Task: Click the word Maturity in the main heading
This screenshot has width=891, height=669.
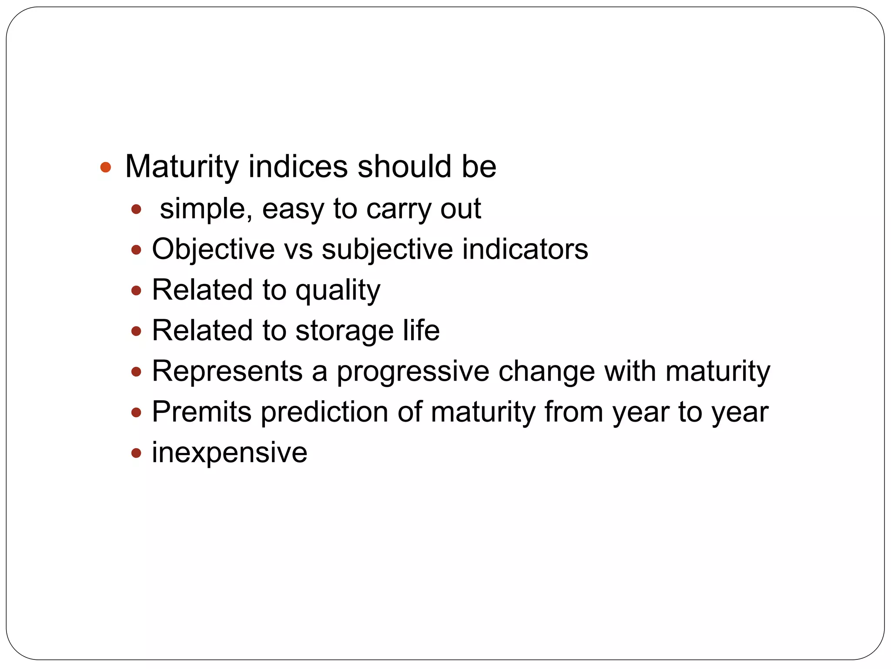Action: coord(182,166)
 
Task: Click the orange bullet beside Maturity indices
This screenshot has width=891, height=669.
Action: coord(105,167)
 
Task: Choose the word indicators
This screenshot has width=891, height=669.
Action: coord(525,250)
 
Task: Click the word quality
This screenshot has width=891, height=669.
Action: coord(338,291)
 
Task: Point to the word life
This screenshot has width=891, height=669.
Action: coord(421,331)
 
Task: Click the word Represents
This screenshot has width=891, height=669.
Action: coord(227,371)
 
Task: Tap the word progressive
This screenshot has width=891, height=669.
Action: coord(413,372)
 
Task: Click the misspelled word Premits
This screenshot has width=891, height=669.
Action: coord(201,412)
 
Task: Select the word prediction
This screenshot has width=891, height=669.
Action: coord(324,412)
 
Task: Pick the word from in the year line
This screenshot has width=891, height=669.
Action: coord(573,412)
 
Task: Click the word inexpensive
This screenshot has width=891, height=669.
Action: coord(229,453)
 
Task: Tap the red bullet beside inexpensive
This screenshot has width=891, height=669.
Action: coord(136,453)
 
